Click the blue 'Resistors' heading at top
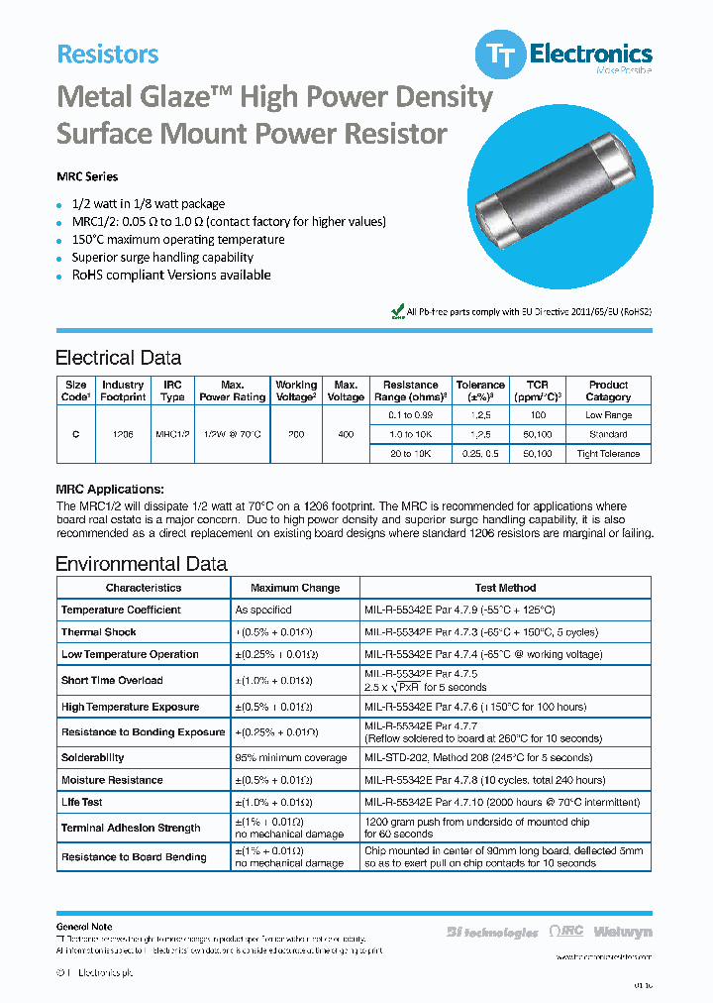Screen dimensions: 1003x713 pyautogui.click(x=107, y=54)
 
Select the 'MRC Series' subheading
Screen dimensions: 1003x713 pyautogui.click(x=87, y=176)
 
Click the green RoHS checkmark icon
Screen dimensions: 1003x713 pyautogui.click(x=398, y=311)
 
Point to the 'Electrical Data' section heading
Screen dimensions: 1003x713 pyautogui.click(x=118, y=358)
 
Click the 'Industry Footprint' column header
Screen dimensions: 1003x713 pyautogui.click(x=123, y=390)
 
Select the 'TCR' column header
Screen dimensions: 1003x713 pyautogui.click(x=538, y=390)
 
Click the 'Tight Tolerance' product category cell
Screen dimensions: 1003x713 pyautogui.click(x=608, y=454)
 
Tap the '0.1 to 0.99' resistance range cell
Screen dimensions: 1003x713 pyautogui.click(x=410, y=415)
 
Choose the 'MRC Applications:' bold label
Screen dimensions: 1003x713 pyautogui.click(x=109, y=490)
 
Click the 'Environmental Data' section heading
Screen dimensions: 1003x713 pyautogui.click(x=141, y=564)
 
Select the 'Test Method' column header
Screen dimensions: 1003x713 pyautogui.click(x=505, y=588)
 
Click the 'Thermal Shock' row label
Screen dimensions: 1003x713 pyautogui.click(x=98, y=632)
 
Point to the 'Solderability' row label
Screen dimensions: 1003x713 pyautogui.click(x=92, y=757)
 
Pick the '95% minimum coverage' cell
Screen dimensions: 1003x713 pyautogui.click(x=291, y=757)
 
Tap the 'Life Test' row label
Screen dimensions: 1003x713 pyautogui.click(x=81, y=802)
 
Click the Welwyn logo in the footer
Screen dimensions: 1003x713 pyautogui.click(x=623, y=932)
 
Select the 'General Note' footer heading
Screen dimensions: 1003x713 pyautogui.click(x=84, y=927)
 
